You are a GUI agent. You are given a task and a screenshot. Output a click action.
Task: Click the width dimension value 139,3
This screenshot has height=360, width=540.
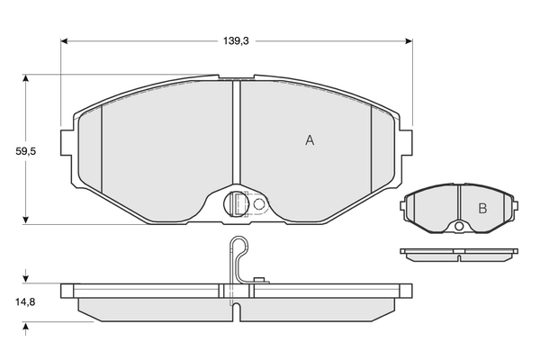point(237,40)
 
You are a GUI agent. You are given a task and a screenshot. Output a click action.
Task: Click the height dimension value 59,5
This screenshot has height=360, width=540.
point(26,151)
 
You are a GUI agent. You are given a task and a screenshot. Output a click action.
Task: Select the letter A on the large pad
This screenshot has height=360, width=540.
point(309,139)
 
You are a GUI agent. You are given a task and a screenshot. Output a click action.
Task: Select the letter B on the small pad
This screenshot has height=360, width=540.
point(481,209)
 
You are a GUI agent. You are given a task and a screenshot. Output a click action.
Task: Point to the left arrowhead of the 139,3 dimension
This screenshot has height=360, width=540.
point(66,40)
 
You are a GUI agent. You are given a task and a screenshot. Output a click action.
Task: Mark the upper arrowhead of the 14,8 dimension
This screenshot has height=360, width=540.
point(26,280)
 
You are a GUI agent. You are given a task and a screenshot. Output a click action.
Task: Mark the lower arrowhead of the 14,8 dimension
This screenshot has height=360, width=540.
point(26,325)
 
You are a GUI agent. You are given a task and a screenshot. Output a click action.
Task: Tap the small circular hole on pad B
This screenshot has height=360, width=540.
point(458,225)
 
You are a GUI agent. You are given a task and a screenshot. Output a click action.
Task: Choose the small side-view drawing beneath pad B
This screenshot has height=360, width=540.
point(458,255)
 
